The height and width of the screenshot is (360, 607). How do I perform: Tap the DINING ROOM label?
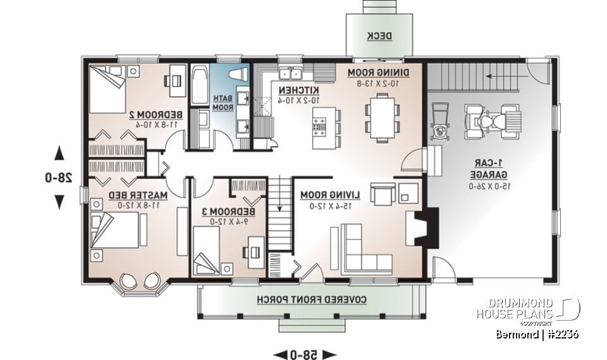point(379,73)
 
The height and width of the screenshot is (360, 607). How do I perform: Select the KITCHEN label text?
point(297,90)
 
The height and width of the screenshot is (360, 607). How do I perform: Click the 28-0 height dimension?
point(59,178)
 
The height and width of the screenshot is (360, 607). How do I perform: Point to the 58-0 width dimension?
point(306,352)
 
